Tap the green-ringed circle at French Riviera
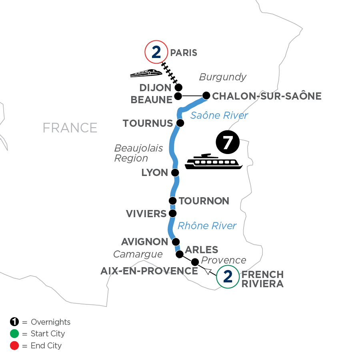click(228, 277)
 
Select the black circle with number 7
click(227, 143)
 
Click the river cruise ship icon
click(214, 162)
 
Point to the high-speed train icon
click(146, 73)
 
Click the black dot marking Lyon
click(175, 173)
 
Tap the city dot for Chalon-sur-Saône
click(206, 96)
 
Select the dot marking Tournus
click(180, 123)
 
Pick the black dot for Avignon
click(175, 242)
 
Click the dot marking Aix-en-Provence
click(195, 262)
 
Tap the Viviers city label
click(146, 214)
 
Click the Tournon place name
click(204, 201)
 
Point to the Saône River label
click(219, 116)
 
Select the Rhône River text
click(207, 226)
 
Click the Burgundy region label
click(223, 77)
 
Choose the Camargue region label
click(138, 254)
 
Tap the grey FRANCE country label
click(70, 128)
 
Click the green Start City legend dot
click(15, 334)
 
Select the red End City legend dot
click(15, 346)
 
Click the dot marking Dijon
click(179, 87)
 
